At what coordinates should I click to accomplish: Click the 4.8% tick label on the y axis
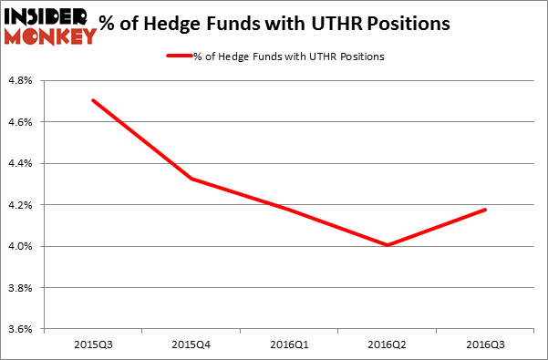click(x=21, y=81)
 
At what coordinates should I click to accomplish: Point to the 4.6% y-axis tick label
click(x=21, y=122)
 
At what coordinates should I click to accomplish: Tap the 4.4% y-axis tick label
click(x=21, y=164)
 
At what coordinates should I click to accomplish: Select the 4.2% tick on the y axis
click(x=21, y=205)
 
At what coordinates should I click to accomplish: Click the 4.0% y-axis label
click(x=21, y=247)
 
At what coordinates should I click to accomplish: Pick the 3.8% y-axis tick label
click(x=21, y=288)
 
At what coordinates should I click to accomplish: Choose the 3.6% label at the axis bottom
click(x=21, y=329)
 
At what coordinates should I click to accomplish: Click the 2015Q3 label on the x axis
click(x=93, y=345)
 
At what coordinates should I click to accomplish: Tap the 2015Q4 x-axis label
click(x=190, y=345)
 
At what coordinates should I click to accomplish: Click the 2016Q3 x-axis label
click(x=484, y=345)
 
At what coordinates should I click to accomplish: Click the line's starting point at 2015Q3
click(x=93, y=100)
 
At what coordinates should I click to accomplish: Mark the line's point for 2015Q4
click(x=190, y=179)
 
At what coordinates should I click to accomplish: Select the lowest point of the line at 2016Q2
click(x=388, y=245)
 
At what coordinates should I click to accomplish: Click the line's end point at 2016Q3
click(x=484, y=210)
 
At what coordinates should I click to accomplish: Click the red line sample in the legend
click(x=177, y=57)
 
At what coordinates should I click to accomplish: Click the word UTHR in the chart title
click(x=343, y=23)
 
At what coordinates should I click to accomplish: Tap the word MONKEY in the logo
click(x=49, y=36)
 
